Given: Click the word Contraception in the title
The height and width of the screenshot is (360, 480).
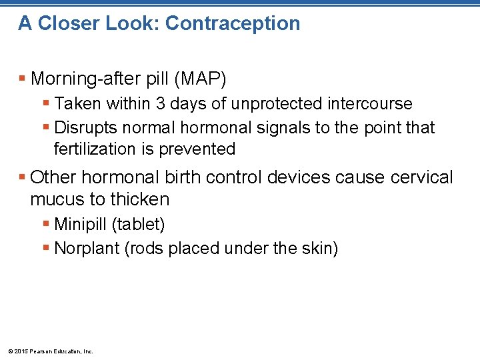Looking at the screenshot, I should point(233,23).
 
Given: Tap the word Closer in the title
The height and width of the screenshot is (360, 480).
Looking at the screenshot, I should point(68,23).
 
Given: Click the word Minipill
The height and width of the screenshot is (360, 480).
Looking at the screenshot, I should point(80,224).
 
